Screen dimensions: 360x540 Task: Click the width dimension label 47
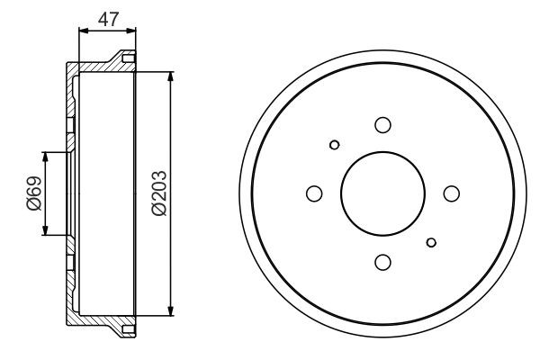pos(109,19)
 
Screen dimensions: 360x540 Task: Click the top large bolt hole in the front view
pos(382,125)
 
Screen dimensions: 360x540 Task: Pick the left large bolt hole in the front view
pos(314,193)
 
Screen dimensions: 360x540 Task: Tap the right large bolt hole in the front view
pos(452,193)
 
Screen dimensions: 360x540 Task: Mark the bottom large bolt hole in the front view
pos(382,262)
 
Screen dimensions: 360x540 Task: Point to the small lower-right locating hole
pos(432,241)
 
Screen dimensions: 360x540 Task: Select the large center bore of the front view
pos(382,193)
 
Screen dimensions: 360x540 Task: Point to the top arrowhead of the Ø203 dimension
pos(170,74)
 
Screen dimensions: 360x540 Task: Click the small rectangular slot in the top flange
pos(127,59)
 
